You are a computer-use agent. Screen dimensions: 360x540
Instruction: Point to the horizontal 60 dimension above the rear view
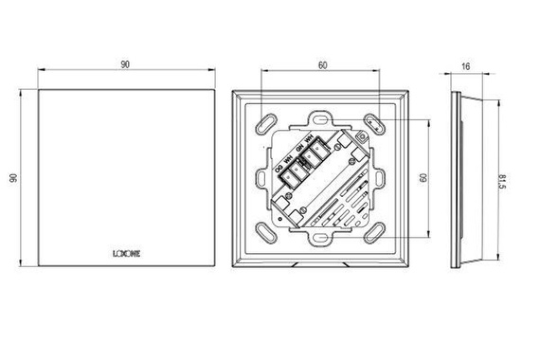click(x=322, y=65)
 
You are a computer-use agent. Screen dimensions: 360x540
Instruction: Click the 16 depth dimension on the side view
click(x=466, y=65)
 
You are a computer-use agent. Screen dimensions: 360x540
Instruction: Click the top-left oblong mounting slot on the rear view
click(x=268, y=120)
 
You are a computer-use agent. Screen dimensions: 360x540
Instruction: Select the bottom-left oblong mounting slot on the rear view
click(x=268, y=232)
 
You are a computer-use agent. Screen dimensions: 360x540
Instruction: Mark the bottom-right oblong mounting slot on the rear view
click(x=377, y=232)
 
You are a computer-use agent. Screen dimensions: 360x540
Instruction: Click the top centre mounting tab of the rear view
click(x=322, y=120)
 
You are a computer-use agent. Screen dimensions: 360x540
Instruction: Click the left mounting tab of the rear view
click(x=265, y=177)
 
